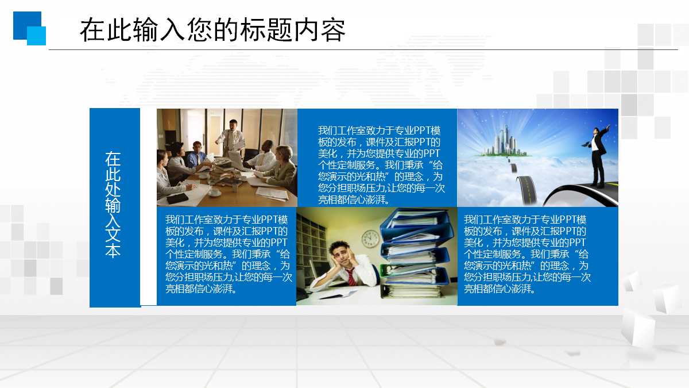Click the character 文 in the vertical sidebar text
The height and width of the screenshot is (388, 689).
coord(113,236)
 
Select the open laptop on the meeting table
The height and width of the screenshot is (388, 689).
coord(237,161)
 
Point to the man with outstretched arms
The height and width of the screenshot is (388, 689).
coord(599,152)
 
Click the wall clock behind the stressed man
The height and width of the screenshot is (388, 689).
coord(370,237)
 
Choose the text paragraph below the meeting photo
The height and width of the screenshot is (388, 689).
coord(227,254)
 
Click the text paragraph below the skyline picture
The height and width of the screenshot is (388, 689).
coord(526,254)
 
